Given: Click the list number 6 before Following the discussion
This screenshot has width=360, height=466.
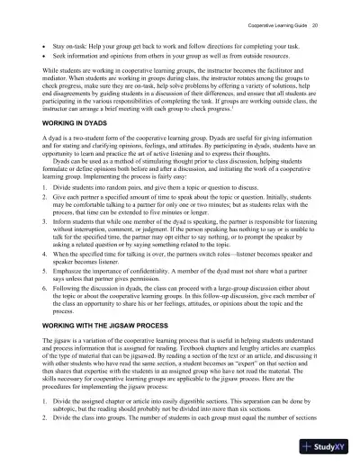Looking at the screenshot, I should pos(44,310).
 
